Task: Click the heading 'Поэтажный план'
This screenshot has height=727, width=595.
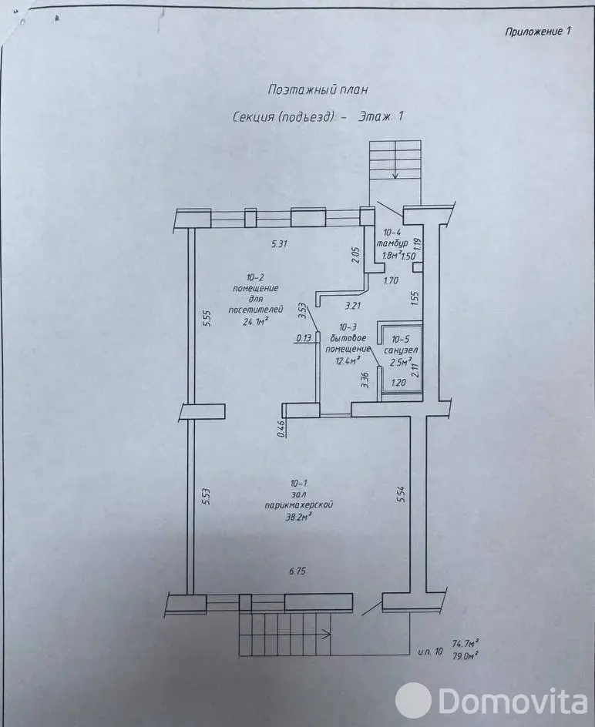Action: click(x=318, y=89)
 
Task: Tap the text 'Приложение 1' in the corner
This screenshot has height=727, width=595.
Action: click(x=538, y=32)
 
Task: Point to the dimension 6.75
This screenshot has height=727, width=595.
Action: click(x=298, y=571)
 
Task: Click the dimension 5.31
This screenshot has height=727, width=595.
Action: click(x=279, y=244)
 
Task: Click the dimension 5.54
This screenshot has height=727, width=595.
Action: click(x=400, y=493)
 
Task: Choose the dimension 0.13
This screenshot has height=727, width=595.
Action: click(x=304, y=337)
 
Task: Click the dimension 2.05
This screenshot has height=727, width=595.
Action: click(x=355, y=255)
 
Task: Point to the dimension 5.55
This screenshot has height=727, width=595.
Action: click(x=206, y=320)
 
